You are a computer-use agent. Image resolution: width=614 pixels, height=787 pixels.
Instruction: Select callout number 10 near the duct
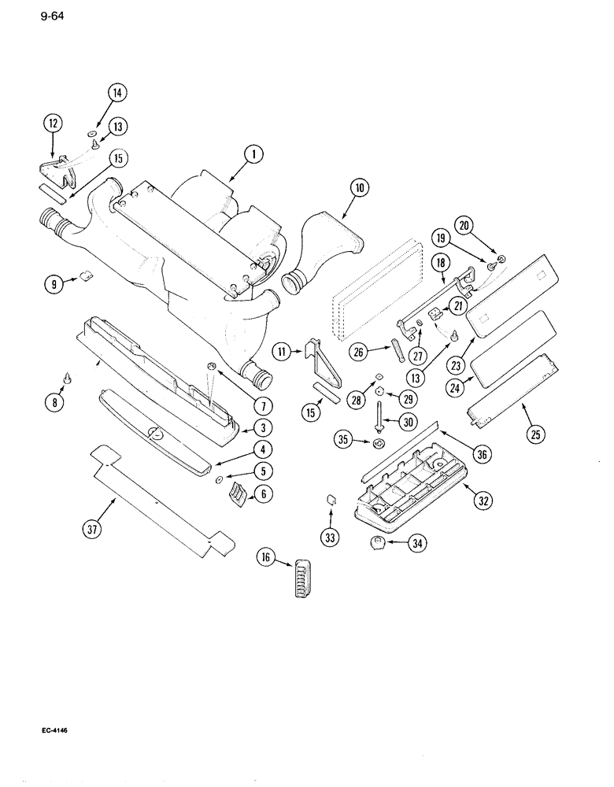click(x=359, y=187)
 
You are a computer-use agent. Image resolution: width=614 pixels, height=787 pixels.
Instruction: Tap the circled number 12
click(x=53, y=123)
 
